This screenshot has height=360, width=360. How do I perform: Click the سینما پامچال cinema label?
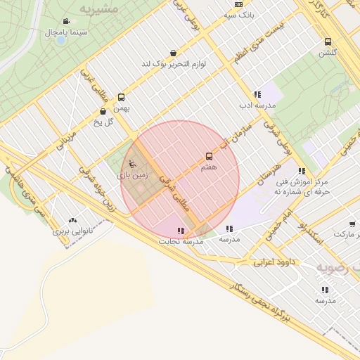pyautogui.click(x=66, y=32)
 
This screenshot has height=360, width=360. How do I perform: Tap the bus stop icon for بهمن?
pyautogui.click(x=121, y=98)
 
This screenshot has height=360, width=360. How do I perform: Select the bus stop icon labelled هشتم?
pyautogui.click(x=209, y=156)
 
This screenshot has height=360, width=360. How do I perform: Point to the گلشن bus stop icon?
pyautogui.click(x=328, y=41)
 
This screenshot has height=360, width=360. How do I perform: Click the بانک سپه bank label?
pyautogui.click(x=238, y=13)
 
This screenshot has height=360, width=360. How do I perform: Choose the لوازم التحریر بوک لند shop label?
pyautogui.click(x=174, y=64)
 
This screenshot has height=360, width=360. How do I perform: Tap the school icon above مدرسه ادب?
pyautogui.click(x=257, y=94)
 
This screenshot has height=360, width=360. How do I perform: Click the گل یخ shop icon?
pyautogui.click(x=103, y=111)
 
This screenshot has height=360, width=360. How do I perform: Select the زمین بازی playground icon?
pyautogui.click(x=133, y=165)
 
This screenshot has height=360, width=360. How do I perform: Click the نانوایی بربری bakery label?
pyautogui.click(x=73, y=231)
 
